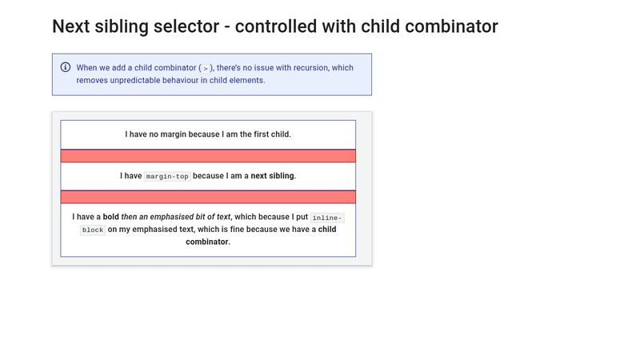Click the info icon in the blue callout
(66, 67)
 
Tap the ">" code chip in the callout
(206, 69)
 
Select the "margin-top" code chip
(168, 176)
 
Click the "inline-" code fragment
(327, 218)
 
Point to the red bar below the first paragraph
(208, 156)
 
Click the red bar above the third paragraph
(208, 197)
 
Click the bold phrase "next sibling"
(273, 176)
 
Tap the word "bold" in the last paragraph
(110, 217)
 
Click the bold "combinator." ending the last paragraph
(208, 242)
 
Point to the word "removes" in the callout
(92, 80)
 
